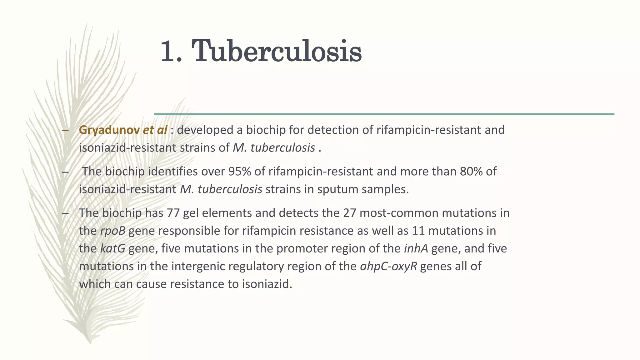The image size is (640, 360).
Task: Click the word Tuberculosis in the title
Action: coord(277,51)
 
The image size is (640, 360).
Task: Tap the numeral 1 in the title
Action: coord(169,51)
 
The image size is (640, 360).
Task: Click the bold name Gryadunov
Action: coord(109,130)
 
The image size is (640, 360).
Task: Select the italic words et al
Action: coord(155,130)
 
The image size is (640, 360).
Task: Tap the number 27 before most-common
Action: coord(350,213)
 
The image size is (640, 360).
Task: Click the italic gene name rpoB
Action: coord(113,231)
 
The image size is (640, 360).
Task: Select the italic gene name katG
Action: coord(113,249)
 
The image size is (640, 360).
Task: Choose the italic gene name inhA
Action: coord(416,249)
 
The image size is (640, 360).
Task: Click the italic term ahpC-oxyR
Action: coord(388,267)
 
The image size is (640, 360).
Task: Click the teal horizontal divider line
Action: coord(384,114)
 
